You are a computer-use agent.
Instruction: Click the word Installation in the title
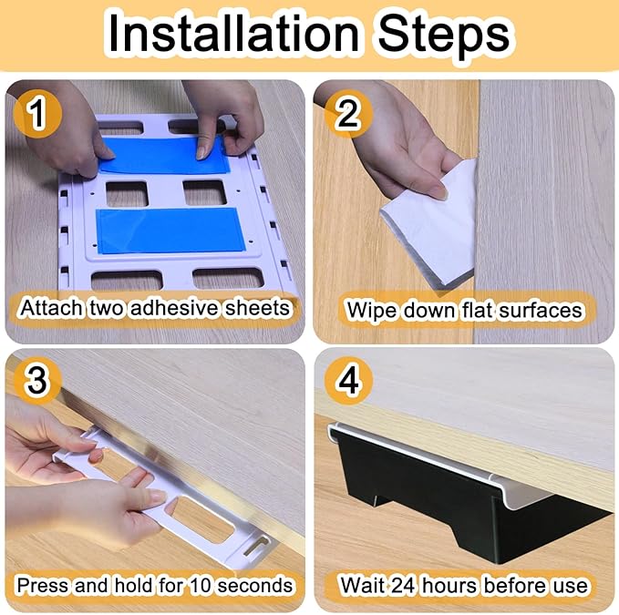coord(233,33)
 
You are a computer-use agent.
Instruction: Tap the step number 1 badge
coord(37,114)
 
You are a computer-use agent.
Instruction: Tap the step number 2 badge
coord(348,114)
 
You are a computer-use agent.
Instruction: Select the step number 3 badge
coord(37,380)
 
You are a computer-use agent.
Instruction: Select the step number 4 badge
coord(348,380)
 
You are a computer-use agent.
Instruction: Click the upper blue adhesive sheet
coord(164,155)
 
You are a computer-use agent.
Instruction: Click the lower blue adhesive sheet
coord(170,231)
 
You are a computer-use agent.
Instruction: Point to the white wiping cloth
coord(428,225)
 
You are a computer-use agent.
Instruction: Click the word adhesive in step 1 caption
coord(174,308)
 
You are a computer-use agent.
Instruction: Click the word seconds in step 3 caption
coord(254,586)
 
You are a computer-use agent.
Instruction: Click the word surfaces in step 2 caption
coord(540,311)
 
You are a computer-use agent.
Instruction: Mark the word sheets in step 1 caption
coord(256,308)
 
